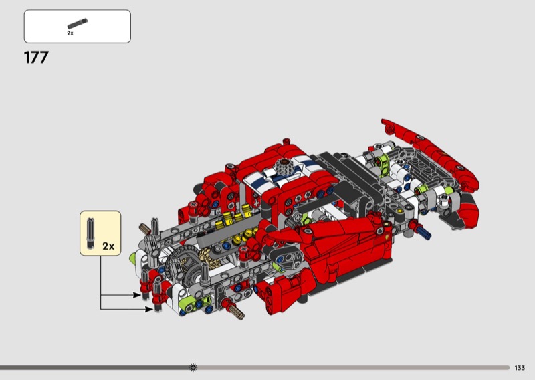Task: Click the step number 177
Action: point(36,58)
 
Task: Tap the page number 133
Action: point(520,368)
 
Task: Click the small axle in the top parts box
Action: point(78,23)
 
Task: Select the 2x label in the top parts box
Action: point(70,33)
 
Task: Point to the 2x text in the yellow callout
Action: point(108,246)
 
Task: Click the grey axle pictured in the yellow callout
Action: point(90,233)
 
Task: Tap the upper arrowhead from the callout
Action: point(137,295)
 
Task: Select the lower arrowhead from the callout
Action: point(149,309)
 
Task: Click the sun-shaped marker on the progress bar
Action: point(193,367)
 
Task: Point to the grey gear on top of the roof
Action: point(283,167)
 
